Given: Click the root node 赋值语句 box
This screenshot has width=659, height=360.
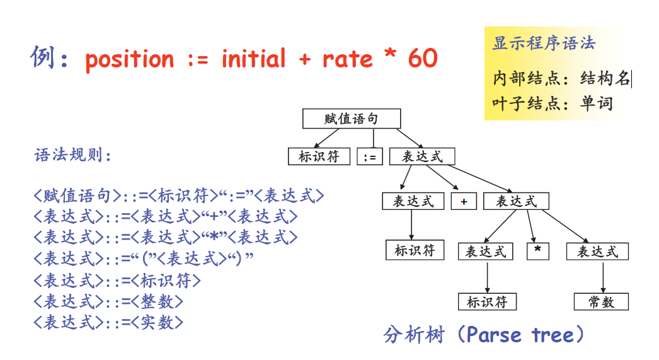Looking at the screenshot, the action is tap(352, 119).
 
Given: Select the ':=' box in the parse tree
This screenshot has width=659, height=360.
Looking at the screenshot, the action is tap(370, 157).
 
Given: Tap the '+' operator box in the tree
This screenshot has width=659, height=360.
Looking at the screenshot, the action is tap(464, 201).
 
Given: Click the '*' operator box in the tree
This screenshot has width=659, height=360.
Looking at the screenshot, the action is tap(537, 251).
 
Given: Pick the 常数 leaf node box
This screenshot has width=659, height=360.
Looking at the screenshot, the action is tap(601, 301).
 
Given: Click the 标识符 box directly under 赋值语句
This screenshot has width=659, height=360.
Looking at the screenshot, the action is tap(319, 156).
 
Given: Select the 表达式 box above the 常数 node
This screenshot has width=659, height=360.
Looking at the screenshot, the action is tap(597, 252).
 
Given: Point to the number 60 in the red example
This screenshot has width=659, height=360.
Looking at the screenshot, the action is tap(423, 58).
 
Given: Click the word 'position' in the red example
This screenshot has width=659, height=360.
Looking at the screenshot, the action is tap(129, 60).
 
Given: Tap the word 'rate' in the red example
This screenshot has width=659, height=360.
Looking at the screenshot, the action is tap(348, 59).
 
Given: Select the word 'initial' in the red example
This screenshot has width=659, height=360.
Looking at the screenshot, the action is tap(253, 58).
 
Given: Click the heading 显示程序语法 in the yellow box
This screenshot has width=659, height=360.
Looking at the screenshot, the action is tap(544, 43).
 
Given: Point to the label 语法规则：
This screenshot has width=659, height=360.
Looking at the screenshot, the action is tap(72, 155).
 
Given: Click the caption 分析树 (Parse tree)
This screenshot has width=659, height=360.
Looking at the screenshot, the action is tap(483, 335).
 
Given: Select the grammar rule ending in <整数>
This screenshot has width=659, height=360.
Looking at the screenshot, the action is tap(108, 301).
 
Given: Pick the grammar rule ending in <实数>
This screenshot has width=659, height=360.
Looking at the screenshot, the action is tap(108, 322).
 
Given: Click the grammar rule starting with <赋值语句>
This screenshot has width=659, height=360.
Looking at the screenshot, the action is tap(179, 195).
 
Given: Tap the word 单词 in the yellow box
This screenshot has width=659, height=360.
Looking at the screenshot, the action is tap(597, 103).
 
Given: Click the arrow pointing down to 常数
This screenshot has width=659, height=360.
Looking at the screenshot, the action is tap(603, 277).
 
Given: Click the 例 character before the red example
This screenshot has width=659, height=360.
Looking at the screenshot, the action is tap(43, 57).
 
